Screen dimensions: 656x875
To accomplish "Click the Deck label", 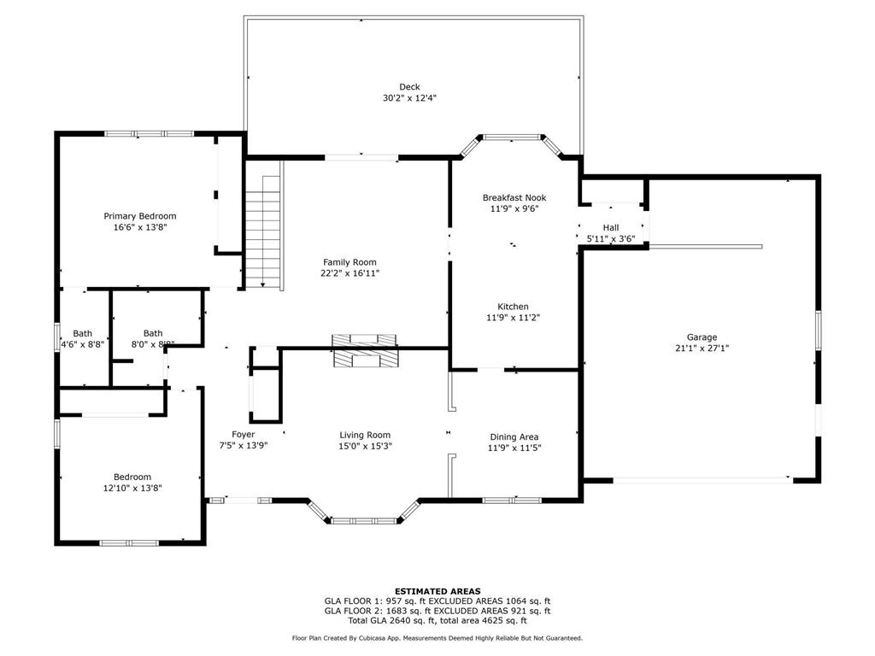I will coord(409,86).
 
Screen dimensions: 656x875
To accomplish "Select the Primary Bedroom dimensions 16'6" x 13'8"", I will coord(140,227).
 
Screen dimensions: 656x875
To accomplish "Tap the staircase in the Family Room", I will coord(264,231).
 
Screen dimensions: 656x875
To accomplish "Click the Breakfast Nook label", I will coord(514,197).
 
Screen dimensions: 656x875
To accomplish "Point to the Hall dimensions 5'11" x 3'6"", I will coord(610,239).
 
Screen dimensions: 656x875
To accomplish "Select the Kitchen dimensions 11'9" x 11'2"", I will coord(514,318).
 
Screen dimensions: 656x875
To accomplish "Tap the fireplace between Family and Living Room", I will coord(365,351).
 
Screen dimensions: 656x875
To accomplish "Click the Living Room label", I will coord(365,435).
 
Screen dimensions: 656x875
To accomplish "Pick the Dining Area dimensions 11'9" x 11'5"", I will coord(514,448).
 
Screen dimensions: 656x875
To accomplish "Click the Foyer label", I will coord(244,435).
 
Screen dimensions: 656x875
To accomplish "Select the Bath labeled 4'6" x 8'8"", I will coord(83,344).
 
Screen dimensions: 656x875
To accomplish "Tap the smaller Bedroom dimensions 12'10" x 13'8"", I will coord(132,488).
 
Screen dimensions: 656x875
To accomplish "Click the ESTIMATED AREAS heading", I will coord(437,590).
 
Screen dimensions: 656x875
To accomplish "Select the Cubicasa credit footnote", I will coord(437,638).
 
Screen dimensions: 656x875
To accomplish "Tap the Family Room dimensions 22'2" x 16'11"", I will coord(349,273).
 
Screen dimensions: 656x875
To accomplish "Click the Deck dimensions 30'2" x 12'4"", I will coord(409,98).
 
